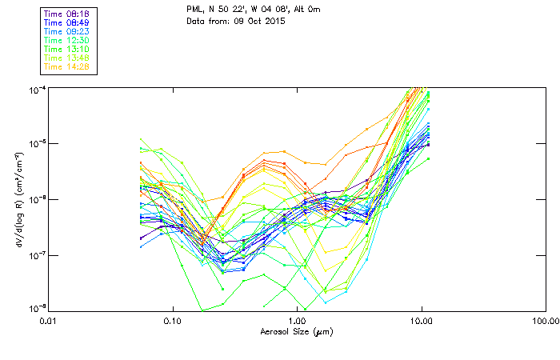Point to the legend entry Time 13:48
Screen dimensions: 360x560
point(66,58)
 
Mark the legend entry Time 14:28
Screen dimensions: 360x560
point(66,67)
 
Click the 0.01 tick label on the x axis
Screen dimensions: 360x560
point(48,322)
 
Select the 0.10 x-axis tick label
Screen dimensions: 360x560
point(172,322)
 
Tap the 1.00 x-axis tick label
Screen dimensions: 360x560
point(297,322)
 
